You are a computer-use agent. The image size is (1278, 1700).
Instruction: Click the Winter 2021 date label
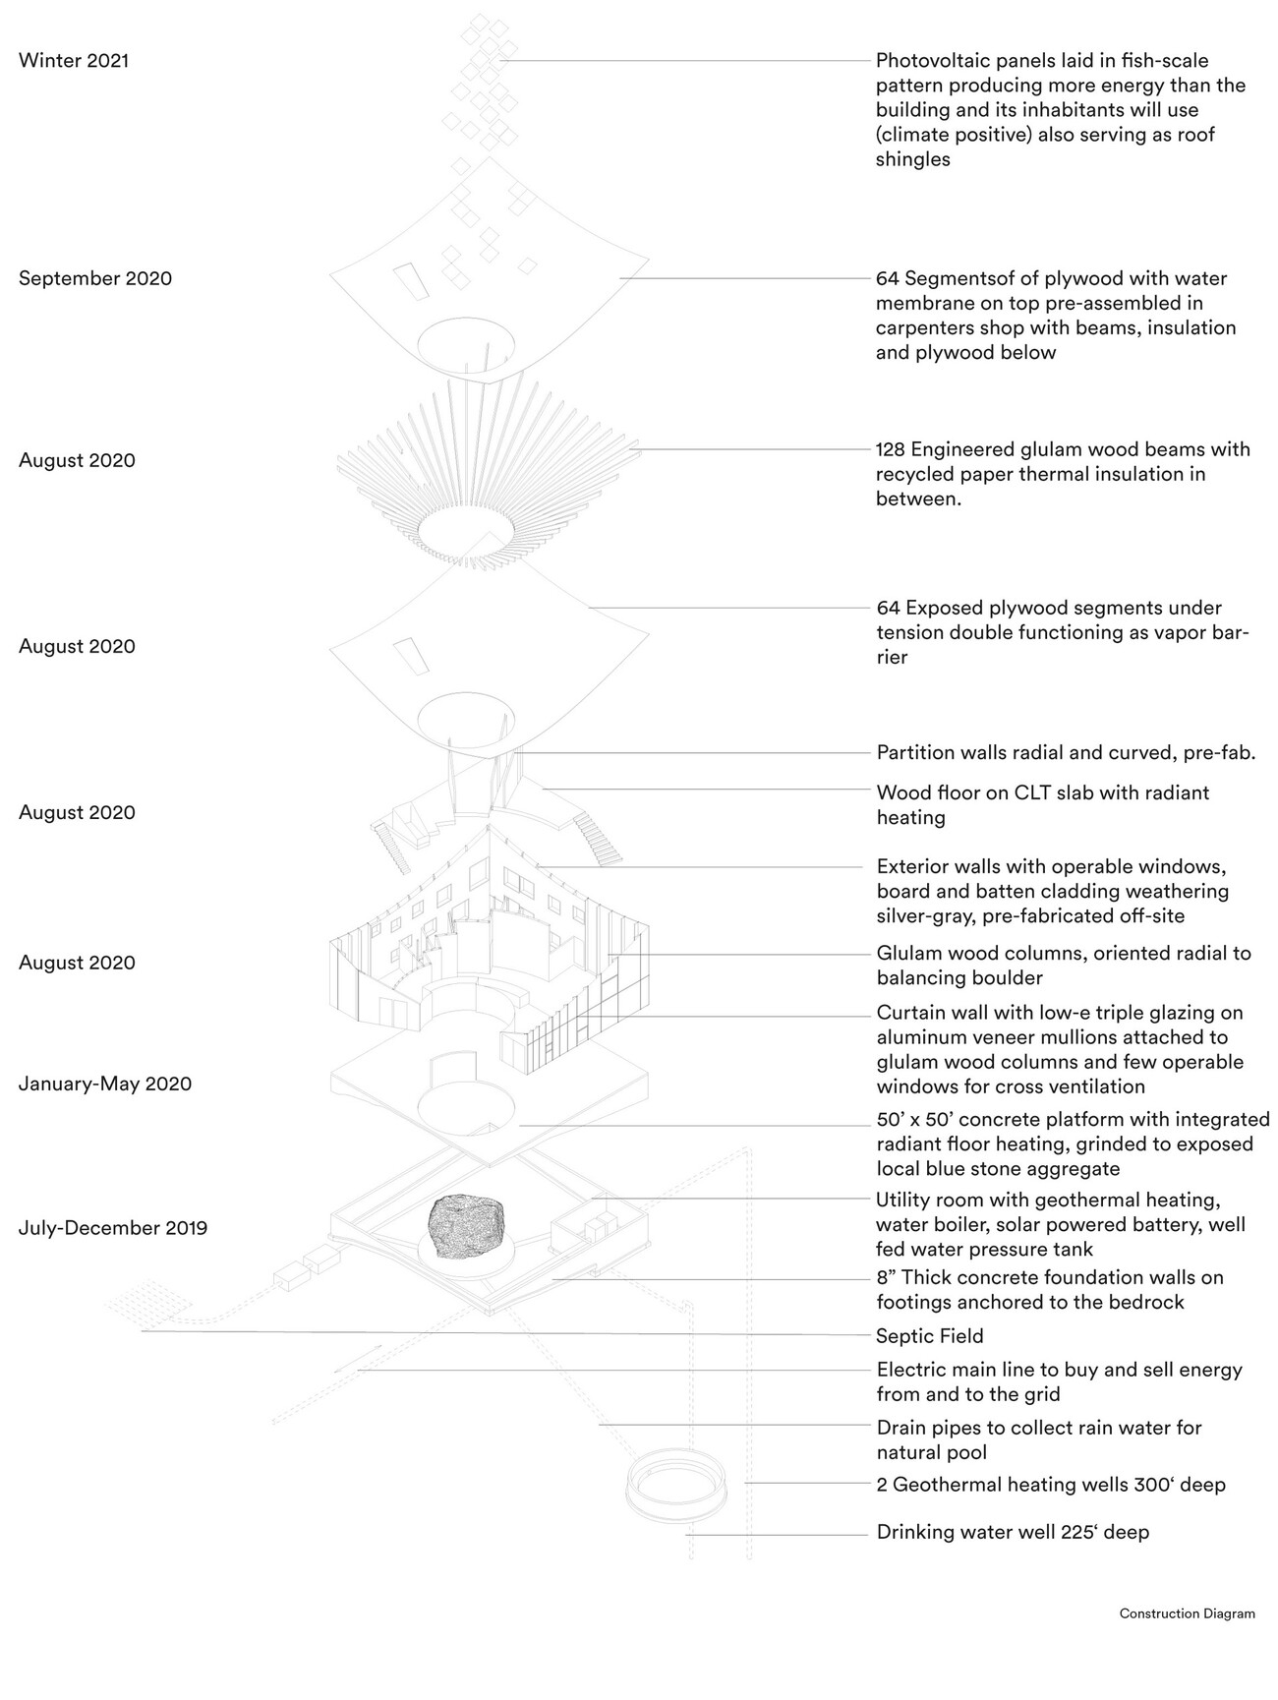pos(74,61)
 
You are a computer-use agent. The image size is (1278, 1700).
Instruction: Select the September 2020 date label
pos(95,278)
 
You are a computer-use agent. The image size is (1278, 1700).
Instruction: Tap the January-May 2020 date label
pos(105,1084)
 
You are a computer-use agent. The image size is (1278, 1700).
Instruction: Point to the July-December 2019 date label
pos(113,1228)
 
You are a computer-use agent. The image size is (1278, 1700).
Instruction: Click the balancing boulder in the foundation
pos(468,1225)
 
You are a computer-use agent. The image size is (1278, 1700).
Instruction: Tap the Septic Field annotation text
pos(929,1336)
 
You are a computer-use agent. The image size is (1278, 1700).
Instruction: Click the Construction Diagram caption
pos(1187,1613)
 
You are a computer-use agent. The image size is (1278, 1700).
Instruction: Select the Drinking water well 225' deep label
pos(1013,1532)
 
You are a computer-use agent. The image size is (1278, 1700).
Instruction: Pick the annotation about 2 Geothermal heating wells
pos(1051,1485)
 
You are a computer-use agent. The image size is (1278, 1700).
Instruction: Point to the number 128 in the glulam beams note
pos(891,450)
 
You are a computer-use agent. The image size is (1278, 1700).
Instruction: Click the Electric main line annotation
pos(1059,1370)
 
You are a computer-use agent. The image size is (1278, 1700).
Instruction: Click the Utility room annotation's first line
pos(1048,1201)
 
